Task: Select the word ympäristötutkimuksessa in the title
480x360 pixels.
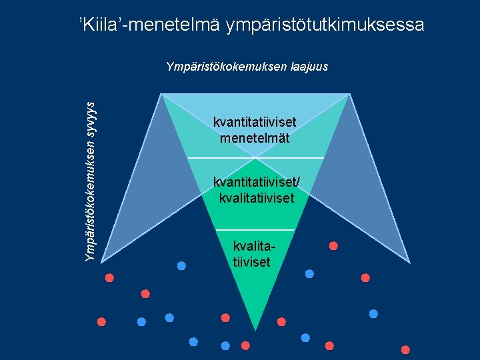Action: tap(325, 26)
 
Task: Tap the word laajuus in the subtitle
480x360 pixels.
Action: tap(306, 67)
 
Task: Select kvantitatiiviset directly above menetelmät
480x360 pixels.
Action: tap(255, 123)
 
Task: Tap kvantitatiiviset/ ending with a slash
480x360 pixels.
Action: tap(256, 182)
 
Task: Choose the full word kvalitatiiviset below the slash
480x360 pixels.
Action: tap(256, 198)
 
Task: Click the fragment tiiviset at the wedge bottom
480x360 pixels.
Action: tap(252, 262)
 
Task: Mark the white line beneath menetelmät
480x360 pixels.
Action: tap(255, 158)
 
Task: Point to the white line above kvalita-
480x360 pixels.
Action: tap(255, 230)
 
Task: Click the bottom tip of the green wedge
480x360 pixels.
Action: tap(256, 328)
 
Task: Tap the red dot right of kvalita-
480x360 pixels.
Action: tap(333, 245)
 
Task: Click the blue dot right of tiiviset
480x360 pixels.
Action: tap(309, 273)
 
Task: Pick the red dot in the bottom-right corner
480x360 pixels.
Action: tap(405, 349)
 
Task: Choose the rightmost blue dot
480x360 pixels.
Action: tap(373, 313)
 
